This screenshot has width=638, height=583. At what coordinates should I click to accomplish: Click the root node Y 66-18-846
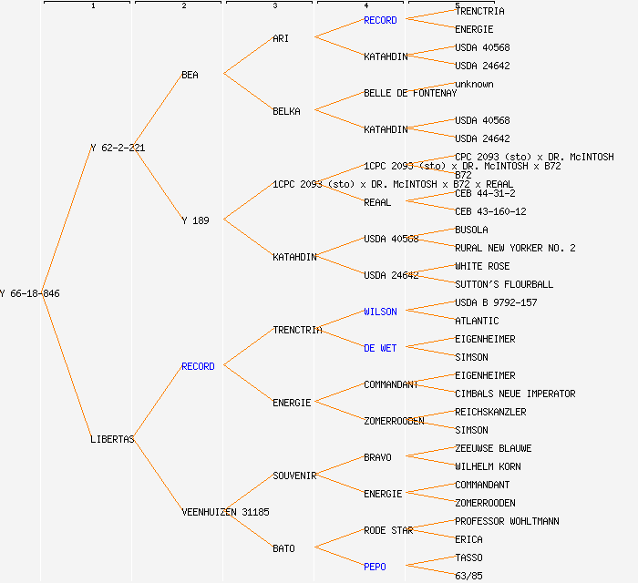[x=29, y=293]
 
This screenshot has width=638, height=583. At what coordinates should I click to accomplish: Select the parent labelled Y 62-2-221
[x=118, y=148]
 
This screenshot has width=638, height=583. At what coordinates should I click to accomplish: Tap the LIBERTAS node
[x=112, y=439]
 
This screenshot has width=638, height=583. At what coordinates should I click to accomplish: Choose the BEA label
[x=190, y=75]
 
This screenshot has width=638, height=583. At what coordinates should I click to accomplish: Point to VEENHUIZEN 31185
[x=225, y=512]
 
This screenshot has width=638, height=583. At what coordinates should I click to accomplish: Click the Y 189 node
[x=195, y=220]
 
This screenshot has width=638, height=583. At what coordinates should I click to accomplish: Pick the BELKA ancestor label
[x=286, y=111]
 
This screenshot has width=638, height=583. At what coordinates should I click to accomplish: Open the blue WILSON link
[x=380, y=312]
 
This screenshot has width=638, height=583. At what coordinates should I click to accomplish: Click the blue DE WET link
[x=380, y=348]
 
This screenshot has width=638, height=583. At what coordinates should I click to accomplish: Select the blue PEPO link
[x=375, y=567]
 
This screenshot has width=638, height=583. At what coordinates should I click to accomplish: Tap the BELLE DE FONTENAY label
[x=410, y=93]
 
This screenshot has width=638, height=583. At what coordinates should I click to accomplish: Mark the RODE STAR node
[x=388, y=530]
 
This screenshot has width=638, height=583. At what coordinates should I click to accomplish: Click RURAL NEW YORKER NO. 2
[x=515, y=248]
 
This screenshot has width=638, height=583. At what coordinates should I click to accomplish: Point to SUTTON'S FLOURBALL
[x=504, y=284]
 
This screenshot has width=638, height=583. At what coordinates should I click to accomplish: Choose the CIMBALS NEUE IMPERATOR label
[x=515, y=394]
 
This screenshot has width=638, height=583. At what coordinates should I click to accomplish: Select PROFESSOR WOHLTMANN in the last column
[x=507, y=521]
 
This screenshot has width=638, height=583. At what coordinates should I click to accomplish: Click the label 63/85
[x=468, y=576]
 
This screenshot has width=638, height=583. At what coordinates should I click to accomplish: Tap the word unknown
[x=474, y=84]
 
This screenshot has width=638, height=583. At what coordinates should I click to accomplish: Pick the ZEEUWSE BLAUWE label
[x=493, y=448]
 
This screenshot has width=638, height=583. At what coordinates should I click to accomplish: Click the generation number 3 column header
[x=274, y=6]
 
